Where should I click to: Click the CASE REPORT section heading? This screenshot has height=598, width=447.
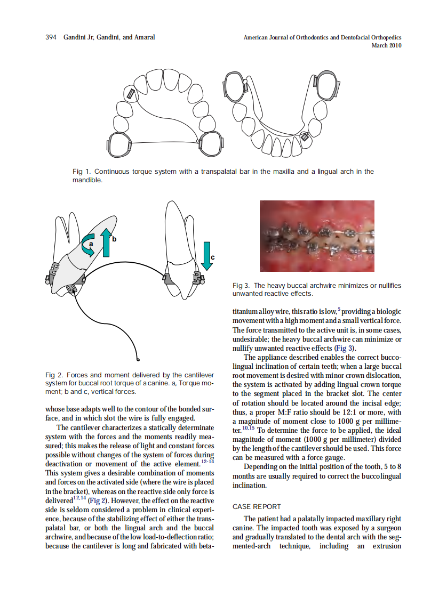(x=257, y=506)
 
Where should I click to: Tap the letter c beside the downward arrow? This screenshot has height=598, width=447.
(x=213, y=258)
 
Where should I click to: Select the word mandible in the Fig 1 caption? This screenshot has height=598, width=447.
(x=87, y=180)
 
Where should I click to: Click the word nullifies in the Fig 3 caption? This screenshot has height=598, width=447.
(x=387, y=286)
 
